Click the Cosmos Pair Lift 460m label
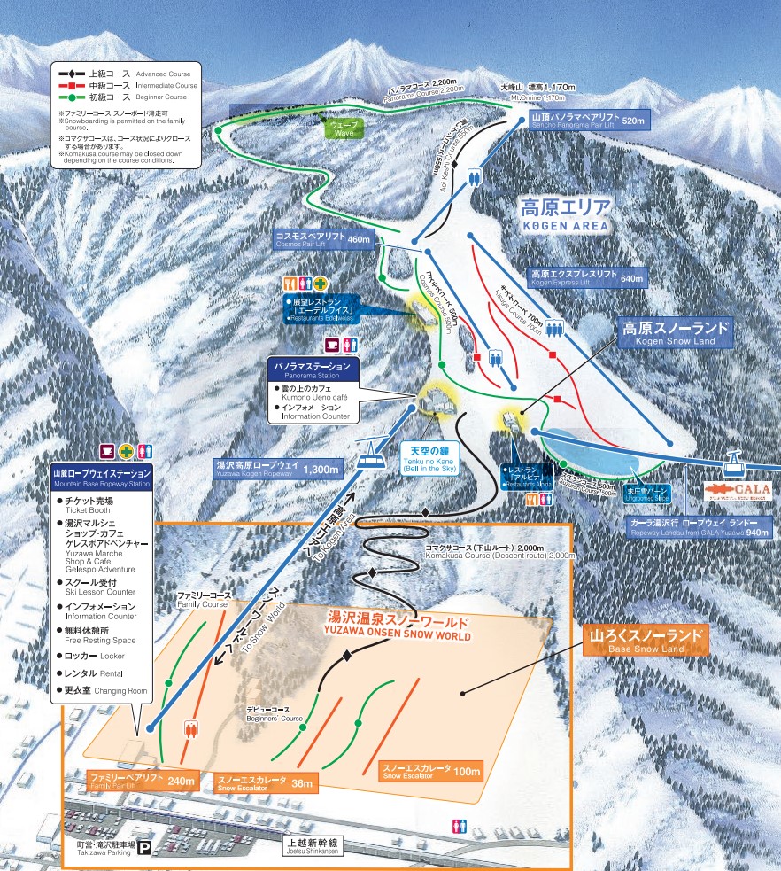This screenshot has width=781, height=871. coord(324,239)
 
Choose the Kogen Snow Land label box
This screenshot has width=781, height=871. coord(676,332)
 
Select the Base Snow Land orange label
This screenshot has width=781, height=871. coord(646,641)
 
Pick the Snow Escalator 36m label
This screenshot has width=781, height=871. coord(263,782)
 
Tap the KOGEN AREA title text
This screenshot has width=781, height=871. coord(565,215)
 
